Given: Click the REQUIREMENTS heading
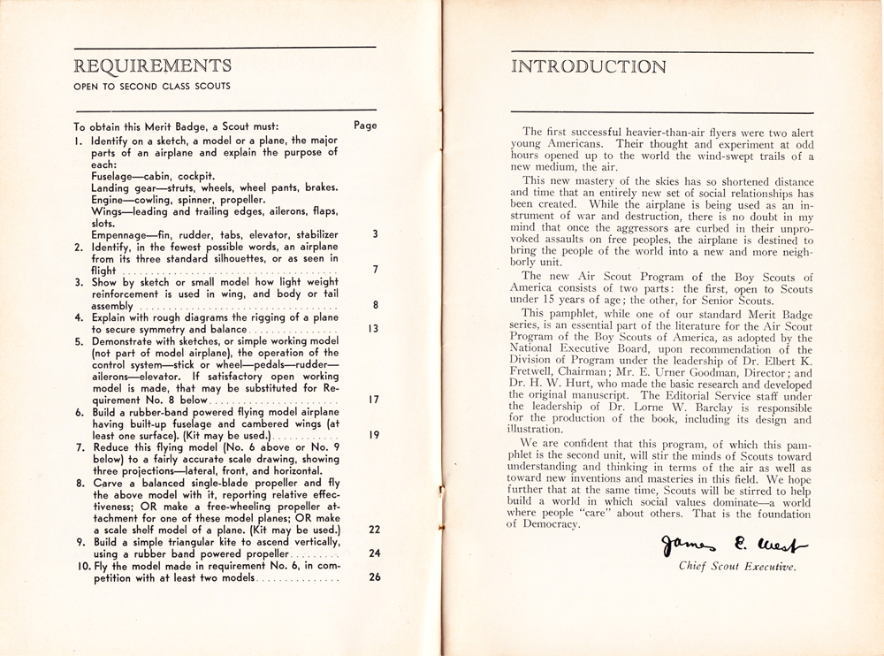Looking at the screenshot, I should point(154,65).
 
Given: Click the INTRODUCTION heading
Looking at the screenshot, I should point(590,67).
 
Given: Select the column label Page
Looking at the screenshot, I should point(365,126).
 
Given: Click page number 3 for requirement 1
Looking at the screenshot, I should point(375,234).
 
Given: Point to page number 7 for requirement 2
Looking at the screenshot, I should point(375,270).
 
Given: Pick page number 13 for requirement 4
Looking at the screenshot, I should point(373,328).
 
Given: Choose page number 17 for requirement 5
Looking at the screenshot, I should point(373,399).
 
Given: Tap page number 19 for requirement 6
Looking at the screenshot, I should point(373,435).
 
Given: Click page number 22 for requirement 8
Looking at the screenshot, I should point(373,529).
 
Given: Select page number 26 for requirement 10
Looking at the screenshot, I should point(373,577).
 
